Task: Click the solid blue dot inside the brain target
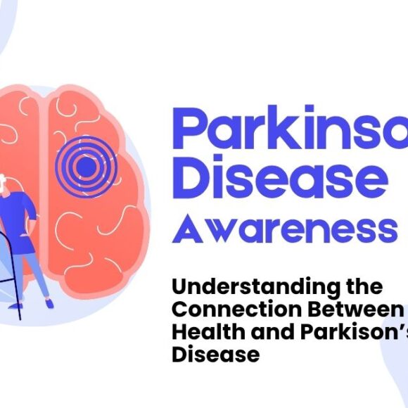click(x=84, y=167)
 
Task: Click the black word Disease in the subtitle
click(x=215, y=354)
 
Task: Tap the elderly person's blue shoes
click(x=49, y=302)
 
